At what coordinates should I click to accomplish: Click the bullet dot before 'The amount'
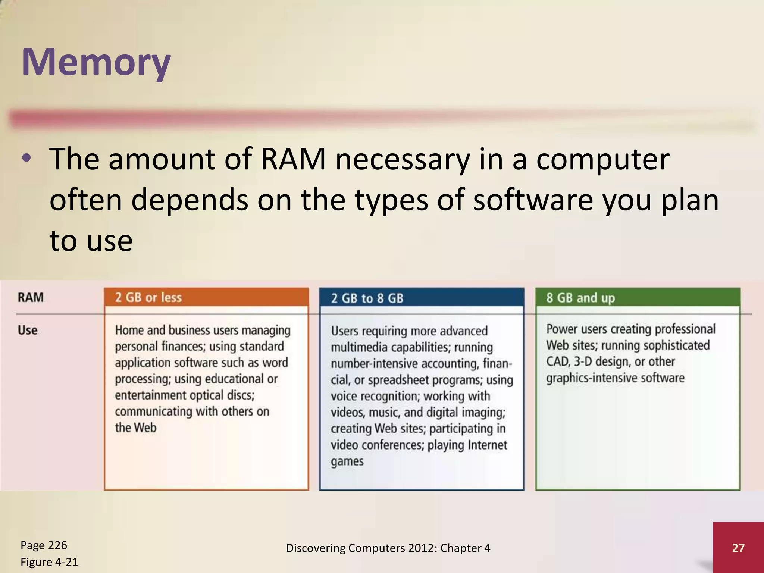click(x=26, y=159)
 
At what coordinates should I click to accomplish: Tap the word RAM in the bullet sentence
click(x=293, y=159)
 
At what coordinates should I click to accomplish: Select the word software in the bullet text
click(x=533, y=200)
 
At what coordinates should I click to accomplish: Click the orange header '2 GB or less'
click(x=148, y=298)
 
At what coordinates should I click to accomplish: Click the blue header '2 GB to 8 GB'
click(x=367, y=298)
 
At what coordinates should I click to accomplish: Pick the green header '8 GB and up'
click(x=580, y=298)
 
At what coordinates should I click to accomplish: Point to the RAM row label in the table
click(x=31, y=298)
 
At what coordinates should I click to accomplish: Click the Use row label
click(x=28, y=330)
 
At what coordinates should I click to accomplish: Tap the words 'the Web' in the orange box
click(x=135, y=428)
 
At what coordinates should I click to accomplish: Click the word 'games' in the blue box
click(x=347, y=462)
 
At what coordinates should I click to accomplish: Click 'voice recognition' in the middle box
click(x=375, y=396)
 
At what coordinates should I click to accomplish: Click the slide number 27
click(x=738, y=548)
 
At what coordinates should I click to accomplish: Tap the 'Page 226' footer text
click(x=44, y=545)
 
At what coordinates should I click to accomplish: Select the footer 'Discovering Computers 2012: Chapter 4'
click(x=388, y=548)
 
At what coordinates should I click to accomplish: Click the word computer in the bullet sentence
click(x=602, y=159)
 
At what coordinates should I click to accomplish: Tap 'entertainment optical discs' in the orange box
click(x=184, y=395)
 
